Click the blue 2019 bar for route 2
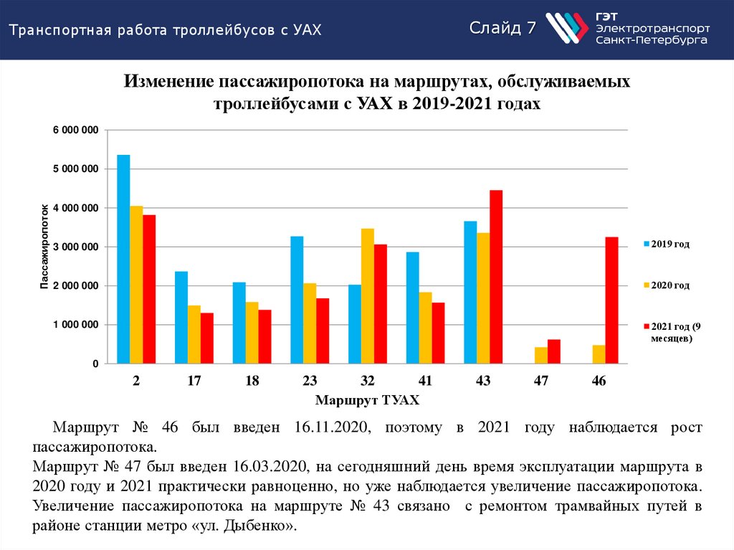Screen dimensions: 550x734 pos(123,260)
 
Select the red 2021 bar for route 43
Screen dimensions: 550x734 pos(496,277)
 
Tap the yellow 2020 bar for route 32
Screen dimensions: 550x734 pos(367,296)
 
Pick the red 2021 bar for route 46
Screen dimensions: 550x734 pos(611,300)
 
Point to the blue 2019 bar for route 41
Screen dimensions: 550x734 pos(412,308)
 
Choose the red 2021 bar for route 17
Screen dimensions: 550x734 pos(207,338)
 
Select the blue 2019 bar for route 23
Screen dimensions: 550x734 pos(297,300)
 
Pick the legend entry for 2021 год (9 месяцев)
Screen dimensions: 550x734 pos(669,332)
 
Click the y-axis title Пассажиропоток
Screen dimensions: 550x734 pos(44,247)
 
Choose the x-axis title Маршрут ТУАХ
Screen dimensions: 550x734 pos(367,399)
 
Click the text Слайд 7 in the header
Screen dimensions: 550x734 pos(502,28)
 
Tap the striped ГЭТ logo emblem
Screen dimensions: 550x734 pos(566,29)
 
